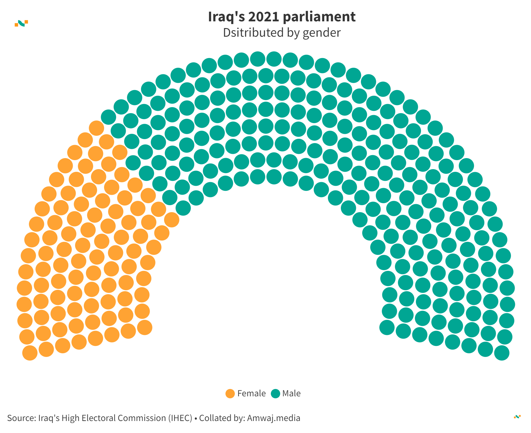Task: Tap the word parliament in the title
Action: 319,17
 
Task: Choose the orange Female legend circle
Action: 230,394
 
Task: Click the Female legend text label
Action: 251,394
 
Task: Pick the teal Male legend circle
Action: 276,394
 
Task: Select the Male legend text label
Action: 291,394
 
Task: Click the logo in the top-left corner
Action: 21,23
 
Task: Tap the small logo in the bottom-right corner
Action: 517,417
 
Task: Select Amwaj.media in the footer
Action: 274,418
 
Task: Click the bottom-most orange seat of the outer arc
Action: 30,353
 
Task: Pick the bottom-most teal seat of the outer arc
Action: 502,353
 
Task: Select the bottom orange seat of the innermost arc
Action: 145,328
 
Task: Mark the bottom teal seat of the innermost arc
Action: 387,328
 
